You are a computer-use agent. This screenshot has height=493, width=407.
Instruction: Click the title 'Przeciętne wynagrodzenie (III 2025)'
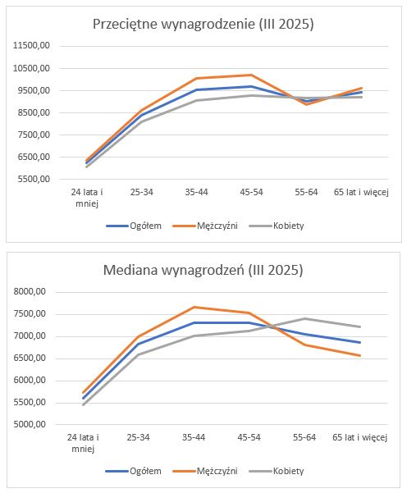point(203,25)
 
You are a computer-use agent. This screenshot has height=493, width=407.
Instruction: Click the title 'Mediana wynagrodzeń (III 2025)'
point(203,270)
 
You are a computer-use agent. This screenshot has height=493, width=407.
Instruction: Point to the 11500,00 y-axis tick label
point(31,46)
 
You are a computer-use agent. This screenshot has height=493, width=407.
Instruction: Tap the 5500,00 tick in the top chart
point(34,179)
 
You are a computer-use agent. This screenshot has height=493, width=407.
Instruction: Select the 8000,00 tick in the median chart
point(30,292)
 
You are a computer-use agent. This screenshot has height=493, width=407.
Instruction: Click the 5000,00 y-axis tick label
point(30,424)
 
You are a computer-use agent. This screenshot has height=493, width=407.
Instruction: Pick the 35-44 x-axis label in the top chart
point(197,192)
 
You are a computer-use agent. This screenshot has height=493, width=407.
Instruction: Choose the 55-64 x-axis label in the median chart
point(304,437)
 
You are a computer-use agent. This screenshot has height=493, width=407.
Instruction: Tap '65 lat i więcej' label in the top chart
point(361,192)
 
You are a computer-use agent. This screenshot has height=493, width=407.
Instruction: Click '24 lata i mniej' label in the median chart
point(83,443)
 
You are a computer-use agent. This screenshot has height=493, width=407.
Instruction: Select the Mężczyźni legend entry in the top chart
point(205,226)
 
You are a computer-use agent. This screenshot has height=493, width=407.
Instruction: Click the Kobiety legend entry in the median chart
point(277,471)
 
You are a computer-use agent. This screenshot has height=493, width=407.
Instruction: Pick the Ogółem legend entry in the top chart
point(134,226)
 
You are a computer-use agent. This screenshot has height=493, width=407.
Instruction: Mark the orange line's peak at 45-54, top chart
point(251,75)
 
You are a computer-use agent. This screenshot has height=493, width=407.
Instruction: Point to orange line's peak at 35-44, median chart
point(194,307)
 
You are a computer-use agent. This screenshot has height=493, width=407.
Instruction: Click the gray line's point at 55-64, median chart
point(304,318)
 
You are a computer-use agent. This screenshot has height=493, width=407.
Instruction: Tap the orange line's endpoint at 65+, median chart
point(360,356)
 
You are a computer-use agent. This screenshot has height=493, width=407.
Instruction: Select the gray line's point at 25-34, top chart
point(141,121)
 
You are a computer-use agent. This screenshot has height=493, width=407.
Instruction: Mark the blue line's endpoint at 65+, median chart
point(360,342)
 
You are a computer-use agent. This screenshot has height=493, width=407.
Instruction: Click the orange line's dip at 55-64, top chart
point(306,103)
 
